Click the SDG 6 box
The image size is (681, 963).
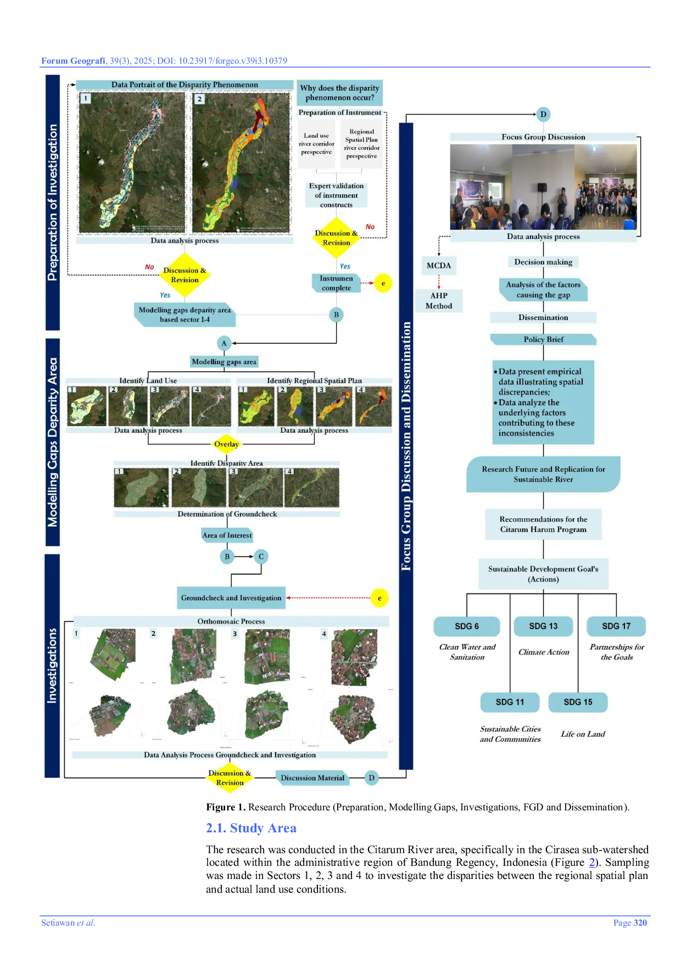pos(466,626)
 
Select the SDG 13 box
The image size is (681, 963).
pos(543,626)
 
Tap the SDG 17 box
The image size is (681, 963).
pos(616,626)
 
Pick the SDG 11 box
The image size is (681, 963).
pos(510,702)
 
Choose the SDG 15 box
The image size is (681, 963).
pos(578,702)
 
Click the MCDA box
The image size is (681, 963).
pos(439,266)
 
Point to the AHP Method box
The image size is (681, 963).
pos(439,301)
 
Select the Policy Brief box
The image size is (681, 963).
pos(543,339)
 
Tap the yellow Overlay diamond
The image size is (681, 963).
pos(226,444)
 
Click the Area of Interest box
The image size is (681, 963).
pos(227,535)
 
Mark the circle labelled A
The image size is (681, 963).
pos(224,343)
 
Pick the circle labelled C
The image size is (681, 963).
pos(261,556)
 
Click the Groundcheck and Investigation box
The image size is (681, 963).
pos(231,598)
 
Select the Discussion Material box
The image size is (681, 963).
pos(312,777)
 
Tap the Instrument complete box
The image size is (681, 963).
pos(336,283)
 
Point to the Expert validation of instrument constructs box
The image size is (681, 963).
pos(336,195)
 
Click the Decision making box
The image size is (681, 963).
pos(543,262)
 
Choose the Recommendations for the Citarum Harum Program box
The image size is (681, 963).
pos(543,524)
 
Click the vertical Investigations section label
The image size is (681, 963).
pos(52,665)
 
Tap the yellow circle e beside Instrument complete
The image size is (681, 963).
pos(383,283)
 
